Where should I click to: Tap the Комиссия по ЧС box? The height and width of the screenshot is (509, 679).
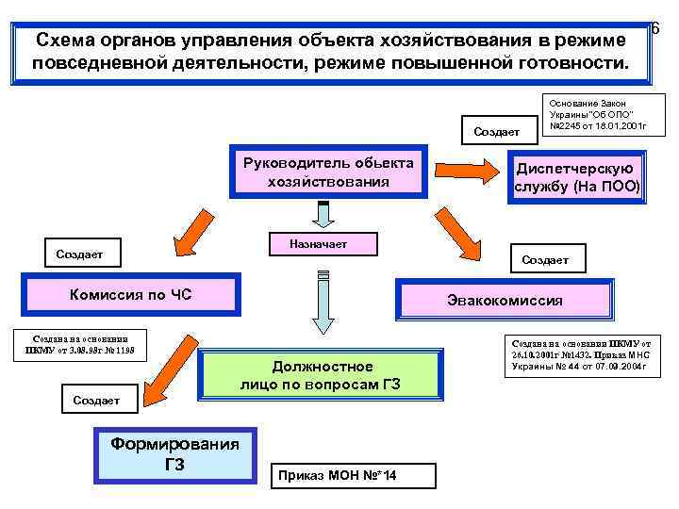click(x=131, y=295)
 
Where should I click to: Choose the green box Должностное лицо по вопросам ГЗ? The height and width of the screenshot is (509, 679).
click(x=321, y=374)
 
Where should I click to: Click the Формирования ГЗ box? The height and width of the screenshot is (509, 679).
click(x=175, y=453)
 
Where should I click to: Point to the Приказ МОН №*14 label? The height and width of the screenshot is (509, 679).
click(x=353, y=475)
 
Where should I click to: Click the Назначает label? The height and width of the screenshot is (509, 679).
click(x=323, y=243)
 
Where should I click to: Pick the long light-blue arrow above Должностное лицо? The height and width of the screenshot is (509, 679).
click(x=323, y=302)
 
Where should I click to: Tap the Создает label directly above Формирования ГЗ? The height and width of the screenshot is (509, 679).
click(x=96, y=400)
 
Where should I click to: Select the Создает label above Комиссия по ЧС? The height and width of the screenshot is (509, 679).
click(x=79, y=254)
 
